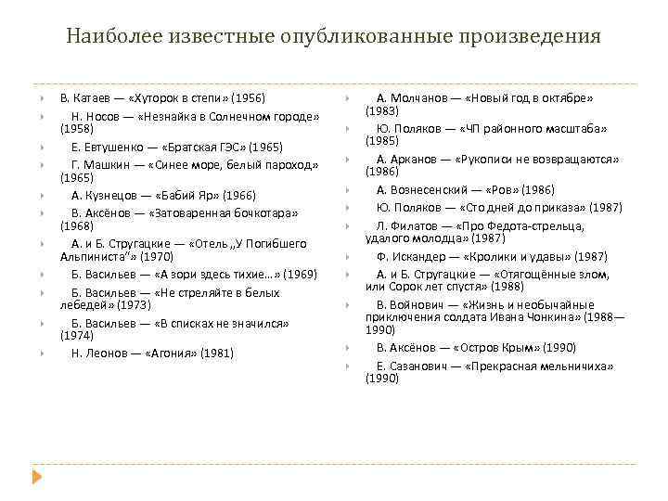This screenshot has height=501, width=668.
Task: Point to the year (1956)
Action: [248, 97]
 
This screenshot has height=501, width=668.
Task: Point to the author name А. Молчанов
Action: [414, 97]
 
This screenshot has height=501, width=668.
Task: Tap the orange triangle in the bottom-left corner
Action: [37, 476]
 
